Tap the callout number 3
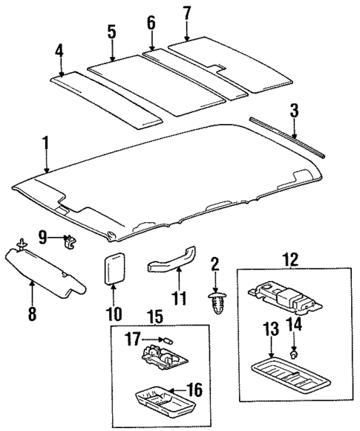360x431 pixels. [x=294, y=112]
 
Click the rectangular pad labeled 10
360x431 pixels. [x=114, y=266]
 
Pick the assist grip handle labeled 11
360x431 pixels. [x=171, y=265]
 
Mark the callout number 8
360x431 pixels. [x=31, y=314]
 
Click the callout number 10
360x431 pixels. [x=114, y=314]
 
